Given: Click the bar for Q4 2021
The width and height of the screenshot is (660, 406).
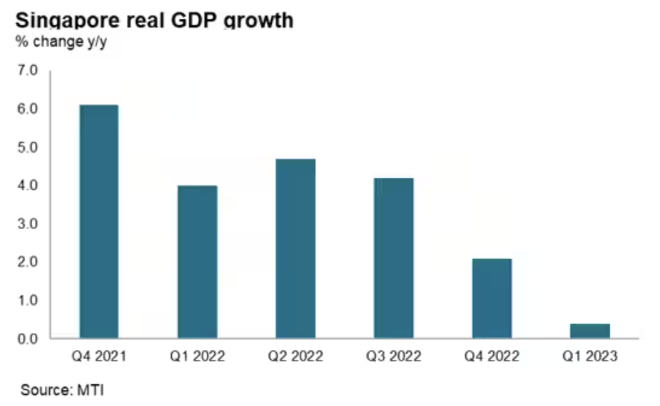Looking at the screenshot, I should [x=99, y=222].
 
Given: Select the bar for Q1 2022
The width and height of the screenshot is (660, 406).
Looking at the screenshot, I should [x=197, y=262].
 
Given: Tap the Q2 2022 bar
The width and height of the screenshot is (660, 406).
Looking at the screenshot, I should [x=295, y=248].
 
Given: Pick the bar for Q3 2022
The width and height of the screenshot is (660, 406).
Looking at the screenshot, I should [x=393, y=258].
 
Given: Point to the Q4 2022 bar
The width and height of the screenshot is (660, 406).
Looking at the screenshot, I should [x=491, y=298].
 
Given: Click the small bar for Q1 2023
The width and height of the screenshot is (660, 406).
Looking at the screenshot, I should [x=589, y=331].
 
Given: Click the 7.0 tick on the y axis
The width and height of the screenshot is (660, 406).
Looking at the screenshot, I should [x=29, y=71].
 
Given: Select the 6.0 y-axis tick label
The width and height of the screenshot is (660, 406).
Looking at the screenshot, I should [x=29, y=109].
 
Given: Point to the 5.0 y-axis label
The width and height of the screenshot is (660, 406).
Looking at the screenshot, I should [x=29, y=148].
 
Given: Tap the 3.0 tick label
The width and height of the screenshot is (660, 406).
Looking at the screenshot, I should [x=29, y=224].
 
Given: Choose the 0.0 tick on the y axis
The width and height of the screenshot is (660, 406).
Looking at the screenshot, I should [x=29, y=339].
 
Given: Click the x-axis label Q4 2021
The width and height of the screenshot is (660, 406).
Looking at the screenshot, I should [x=99, y=357].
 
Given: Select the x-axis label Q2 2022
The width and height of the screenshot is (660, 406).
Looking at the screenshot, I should [x=295, y=357].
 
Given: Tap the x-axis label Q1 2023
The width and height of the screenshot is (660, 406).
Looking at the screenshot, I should [x=589, y=357].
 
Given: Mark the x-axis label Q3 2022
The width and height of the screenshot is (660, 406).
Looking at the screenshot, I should [x=393, y=357].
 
